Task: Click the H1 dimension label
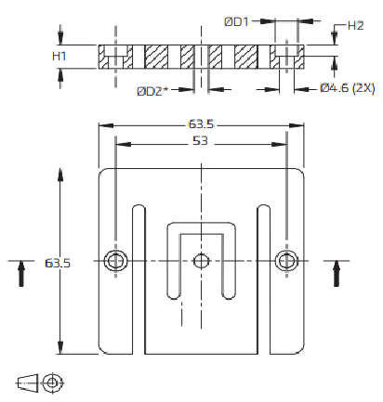(x=59, y=56)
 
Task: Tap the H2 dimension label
(x=355, y=26)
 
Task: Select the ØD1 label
(x=236, y=21)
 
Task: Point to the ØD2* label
(x=152, y=91)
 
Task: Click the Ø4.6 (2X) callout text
(x=348, y=88)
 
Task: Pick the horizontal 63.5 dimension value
(x=201, y=124)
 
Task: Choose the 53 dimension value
(x=200, y=141)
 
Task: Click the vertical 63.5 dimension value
(x=58, y=263)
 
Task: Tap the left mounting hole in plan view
(x=115, y=261)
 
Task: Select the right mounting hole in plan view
(x=287, y=261)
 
